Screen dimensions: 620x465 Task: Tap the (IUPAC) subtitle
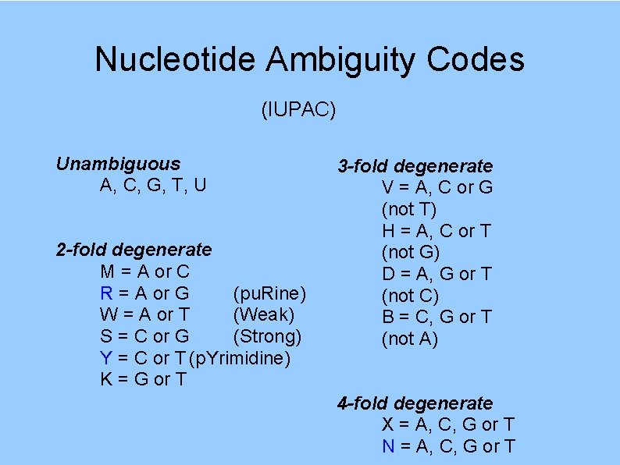pos(299,111)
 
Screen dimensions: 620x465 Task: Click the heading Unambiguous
pos(118,164)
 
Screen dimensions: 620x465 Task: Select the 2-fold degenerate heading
pos(134,250)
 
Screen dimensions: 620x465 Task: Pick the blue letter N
pos(388,446)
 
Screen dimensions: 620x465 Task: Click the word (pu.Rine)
pos(269,293)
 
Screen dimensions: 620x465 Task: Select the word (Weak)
pos(263,315)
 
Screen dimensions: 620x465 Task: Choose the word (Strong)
pos(267,336)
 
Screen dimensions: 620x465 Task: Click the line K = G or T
pos(144,380)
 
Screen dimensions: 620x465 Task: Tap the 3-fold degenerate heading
pos(415,166)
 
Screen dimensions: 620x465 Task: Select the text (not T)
pos(408,209)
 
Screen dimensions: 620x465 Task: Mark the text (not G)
pos(410,252)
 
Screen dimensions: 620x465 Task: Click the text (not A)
pos(409,339)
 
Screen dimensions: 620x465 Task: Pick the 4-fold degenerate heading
pos(415,403)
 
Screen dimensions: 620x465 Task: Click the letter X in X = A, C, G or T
pos(388,424)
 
